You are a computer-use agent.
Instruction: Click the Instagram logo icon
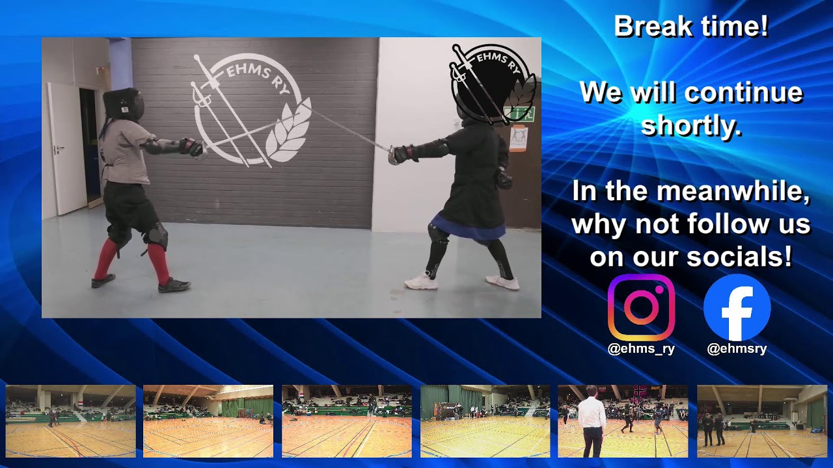point(641,307)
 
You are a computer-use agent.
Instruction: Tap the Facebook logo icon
point(737,307)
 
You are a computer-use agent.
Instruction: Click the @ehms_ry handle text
point(641,349)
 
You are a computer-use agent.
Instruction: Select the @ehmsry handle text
point(737,349)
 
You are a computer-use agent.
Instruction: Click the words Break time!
point(690,27)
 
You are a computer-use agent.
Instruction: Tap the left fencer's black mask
point(124,104)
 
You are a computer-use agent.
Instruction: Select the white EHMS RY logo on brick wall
point(251,110)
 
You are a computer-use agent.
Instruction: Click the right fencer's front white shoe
point(421,282)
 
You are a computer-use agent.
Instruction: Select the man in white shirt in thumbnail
point(592,421)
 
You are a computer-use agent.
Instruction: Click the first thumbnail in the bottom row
point(71,421)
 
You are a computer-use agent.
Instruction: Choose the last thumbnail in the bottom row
point(761,421)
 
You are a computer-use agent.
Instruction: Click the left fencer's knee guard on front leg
point(157,235)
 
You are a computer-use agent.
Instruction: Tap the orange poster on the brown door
point(518,138)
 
